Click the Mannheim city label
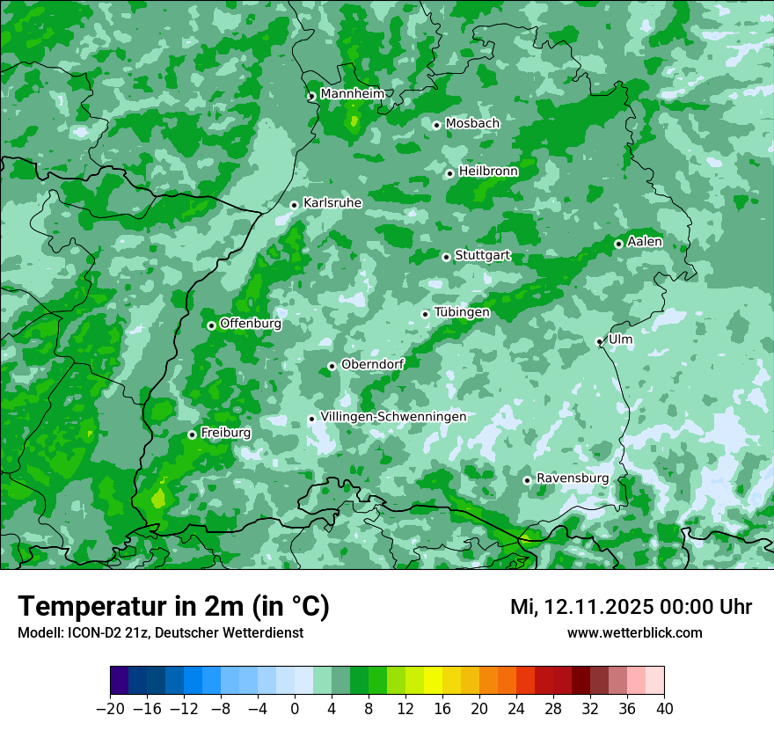[x=352, y=94]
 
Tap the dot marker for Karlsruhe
[x=295, y=205]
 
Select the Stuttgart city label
[x=482, y=256]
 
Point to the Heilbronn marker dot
[x=449, y=173]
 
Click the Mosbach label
[x=472, y=124]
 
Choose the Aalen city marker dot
[x=618, y=244]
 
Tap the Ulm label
[x=620, y=339]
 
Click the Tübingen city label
[x=462, y=312]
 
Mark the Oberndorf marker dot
[x=332, y=366]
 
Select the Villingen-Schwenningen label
[x=393, y=417]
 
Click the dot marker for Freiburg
[x=192, y=434]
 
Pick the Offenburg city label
[x=251, y=324]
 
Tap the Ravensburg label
[x=573, y=478]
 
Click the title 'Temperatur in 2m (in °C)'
[x=173, y=607]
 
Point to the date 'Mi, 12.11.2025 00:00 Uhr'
[x=631, y=607]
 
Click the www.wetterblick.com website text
[x=634, y=633]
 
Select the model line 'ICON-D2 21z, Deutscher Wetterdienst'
[x=159, y=633]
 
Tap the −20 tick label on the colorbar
[x=110, y=709]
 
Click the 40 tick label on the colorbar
[x=664, y=709]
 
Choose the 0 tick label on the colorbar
[x=295, y=709]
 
